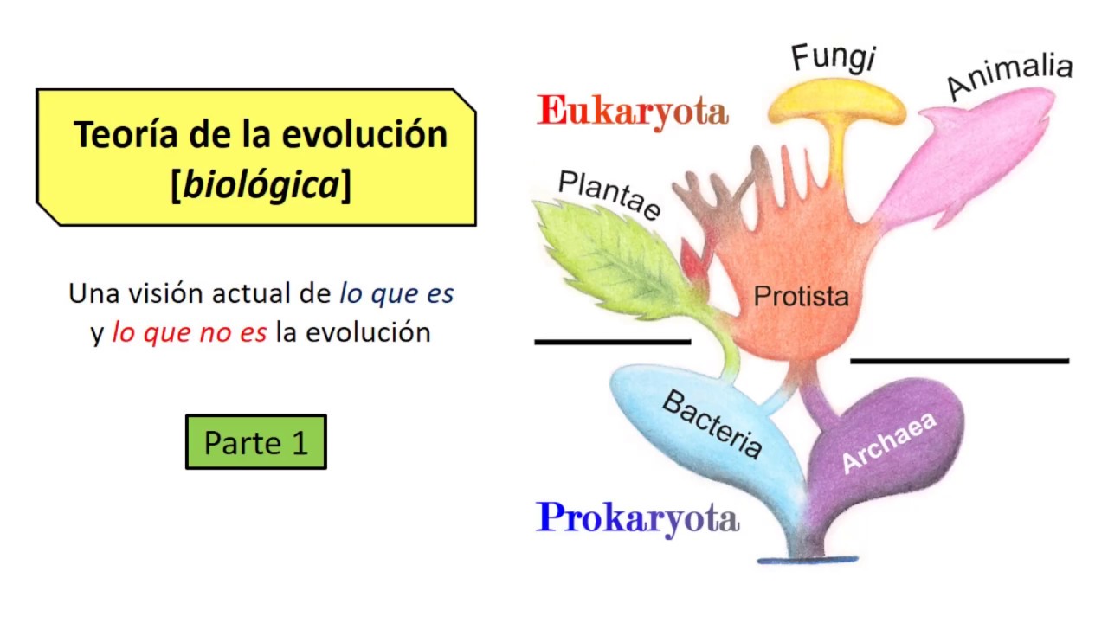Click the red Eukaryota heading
[632, 112]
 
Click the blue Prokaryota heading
[637, 519]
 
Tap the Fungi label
[834, 57]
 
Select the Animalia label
[1008, 76]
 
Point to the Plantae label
[609, 195]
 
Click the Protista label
[801, 297]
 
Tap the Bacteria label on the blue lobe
[712, 424]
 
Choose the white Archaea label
[889, 443]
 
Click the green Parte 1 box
[256, 442]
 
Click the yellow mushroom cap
[836, 105]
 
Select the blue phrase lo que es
[396, 294]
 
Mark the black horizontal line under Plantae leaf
[612, 342]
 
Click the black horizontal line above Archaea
[959, 361]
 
